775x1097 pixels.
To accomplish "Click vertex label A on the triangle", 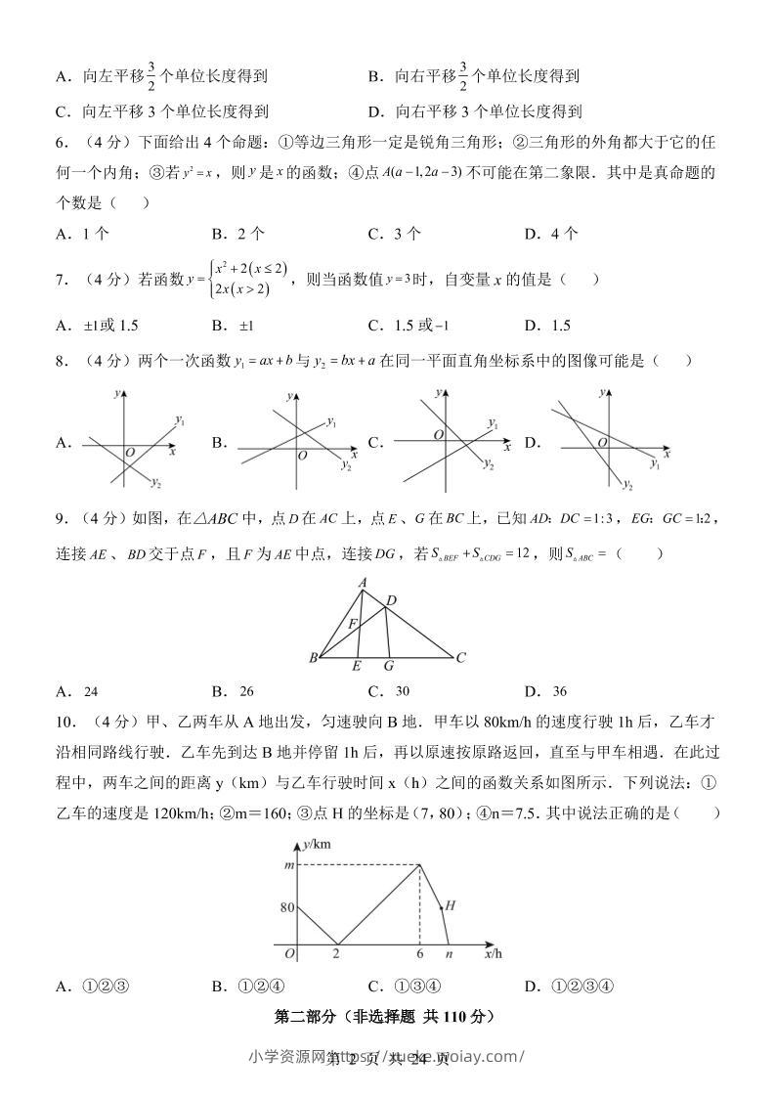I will tap(362, 584).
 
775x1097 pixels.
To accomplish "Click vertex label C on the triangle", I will tap(461, 657).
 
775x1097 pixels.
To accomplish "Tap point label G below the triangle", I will tap(389, 667).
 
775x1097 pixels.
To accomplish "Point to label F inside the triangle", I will tap(354, 623).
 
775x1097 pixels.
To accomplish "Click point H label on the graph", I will tap(451, 905).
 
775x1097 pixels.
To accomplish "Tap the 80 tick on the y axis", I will tap(286, 906).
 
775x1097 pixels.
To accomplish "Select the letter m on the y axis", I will tap(288, 865).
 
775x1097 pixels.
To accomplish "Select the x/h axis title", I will tap(494, 952).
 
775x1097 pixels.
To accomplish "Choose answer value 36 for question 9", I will tap(559, 691).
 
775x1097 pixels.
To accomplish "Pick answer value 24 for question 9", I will tap(90, 691).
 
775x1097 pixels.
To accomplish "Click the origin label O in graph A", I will tap(129, 453).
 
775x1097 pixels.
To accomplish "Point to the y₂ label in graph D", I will tap(628, 486).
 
